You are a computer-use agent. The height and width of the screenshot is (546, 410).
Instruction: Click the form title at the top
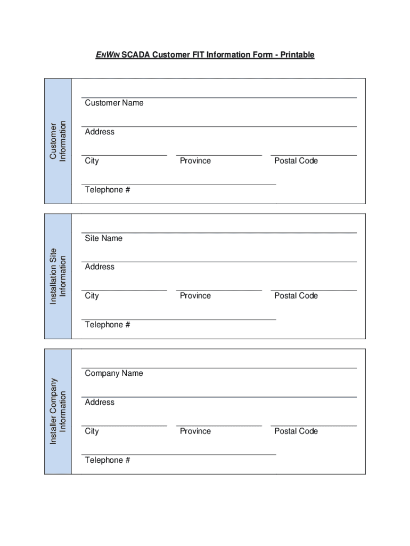(x=205, y=55)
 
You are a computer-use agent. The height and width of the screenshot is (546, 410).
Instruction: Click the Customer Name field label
(x=114, y=103)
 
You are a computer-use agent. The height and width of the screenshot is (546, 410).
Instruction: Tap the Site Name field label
(x=103, y=238)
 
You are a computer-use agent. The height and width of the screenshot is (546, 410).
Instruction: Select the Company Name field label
(x=114, y=373)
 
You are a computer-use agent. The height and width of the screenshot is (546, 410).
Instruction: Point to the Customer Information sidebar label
(x=58, y=141)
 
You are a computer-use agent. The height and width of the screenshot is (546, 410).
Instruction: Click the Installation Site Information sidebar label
(x=58, y=276)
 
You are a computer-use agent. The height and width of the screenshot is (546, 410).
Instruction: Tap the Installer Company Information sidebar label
(x=58, y=411)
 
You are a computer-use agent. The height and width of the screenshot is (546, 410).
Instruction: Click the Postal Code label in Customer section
(x=296, y=161)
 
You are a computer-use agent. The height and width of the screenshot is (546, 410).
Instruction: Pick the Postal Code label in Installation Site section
(x=296, y=296)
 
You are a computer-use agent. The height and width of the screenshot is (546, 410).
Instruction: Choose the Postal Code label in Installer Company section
(x=296, y=431)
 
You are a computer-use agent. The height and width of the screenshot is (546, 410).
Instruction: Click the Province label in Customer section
(x=195, y=161)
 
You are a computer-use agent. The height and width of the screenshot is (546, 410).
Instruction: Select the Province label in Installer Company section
(x=195, y=431)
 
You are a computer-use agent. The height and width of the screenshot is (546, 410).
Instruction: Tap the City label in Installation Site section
(x=92, y=296)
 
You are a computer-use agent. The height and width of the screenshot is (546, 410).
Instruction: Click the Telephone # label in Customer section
(x=107, y=190)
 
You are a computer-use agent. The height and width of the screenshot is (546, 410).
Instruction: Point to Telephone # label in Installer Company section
(x=107, y=460)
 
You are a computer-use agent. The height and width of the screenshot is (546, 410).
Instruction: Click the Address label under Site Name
(x=100, y=267)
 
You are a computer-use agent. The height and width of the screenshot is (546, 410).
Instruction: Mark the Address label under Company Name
(x=100, y=402)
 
